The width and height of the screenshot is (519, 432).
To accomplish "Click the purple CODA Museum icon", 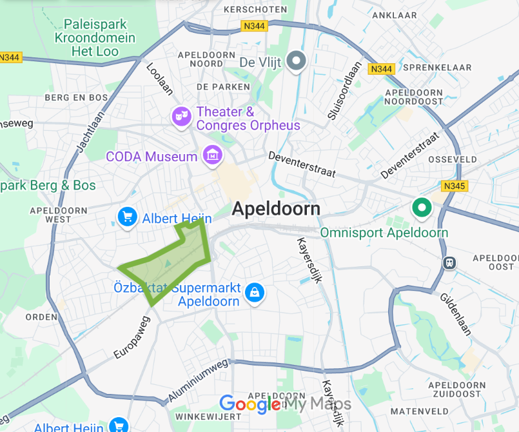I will click(211, 155).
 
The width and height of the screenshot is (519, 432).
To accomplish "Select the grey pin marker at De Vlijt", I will click(297, 61).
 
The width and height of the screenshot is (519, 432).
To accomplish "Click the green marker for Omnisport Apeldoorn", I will click(422, 208).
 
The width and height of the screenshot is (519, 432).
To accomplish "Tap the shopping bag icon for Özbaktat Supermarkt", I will click(256, 292).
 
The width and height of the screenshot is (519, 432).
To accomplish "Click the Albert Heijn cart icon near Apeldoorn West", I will click(126, 217).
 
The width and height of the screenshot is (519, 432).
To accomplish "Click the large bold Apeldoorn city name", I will click(276, 209).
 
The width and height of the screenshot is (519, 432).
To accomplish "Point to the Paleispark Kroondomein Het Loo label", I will click(95, 38).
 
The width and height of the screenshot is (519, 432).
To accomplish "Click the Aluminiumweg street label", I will click(199, 379).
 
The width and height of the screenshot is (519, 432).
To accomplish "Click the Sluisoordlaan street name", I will click(342, 95).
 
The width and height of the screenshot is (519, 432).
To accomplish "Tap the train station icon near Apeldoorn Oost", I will click(449, 263).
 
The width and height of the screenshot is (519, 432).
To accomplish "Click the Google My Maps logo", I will click(286, 404).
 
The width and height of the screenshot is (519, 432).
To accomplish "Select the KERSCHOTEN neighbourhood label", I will click(246, 10).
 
